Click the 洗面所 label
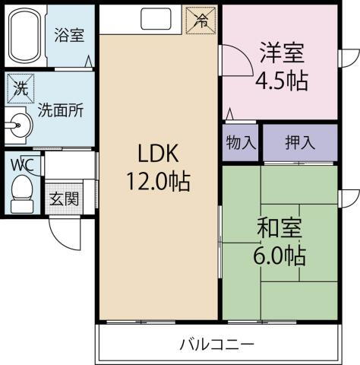(61, 109)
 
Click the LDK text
(157, 154)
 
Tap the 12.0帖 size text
(158, 182)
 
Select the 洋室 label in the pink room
(282, 53)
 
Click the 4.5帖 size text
(282, 81)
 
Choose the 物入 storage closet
(240, 143)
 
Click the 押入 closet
(299, 143)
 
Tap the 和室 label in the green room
(280, 228)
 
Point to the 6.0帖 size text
(280, 255)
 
